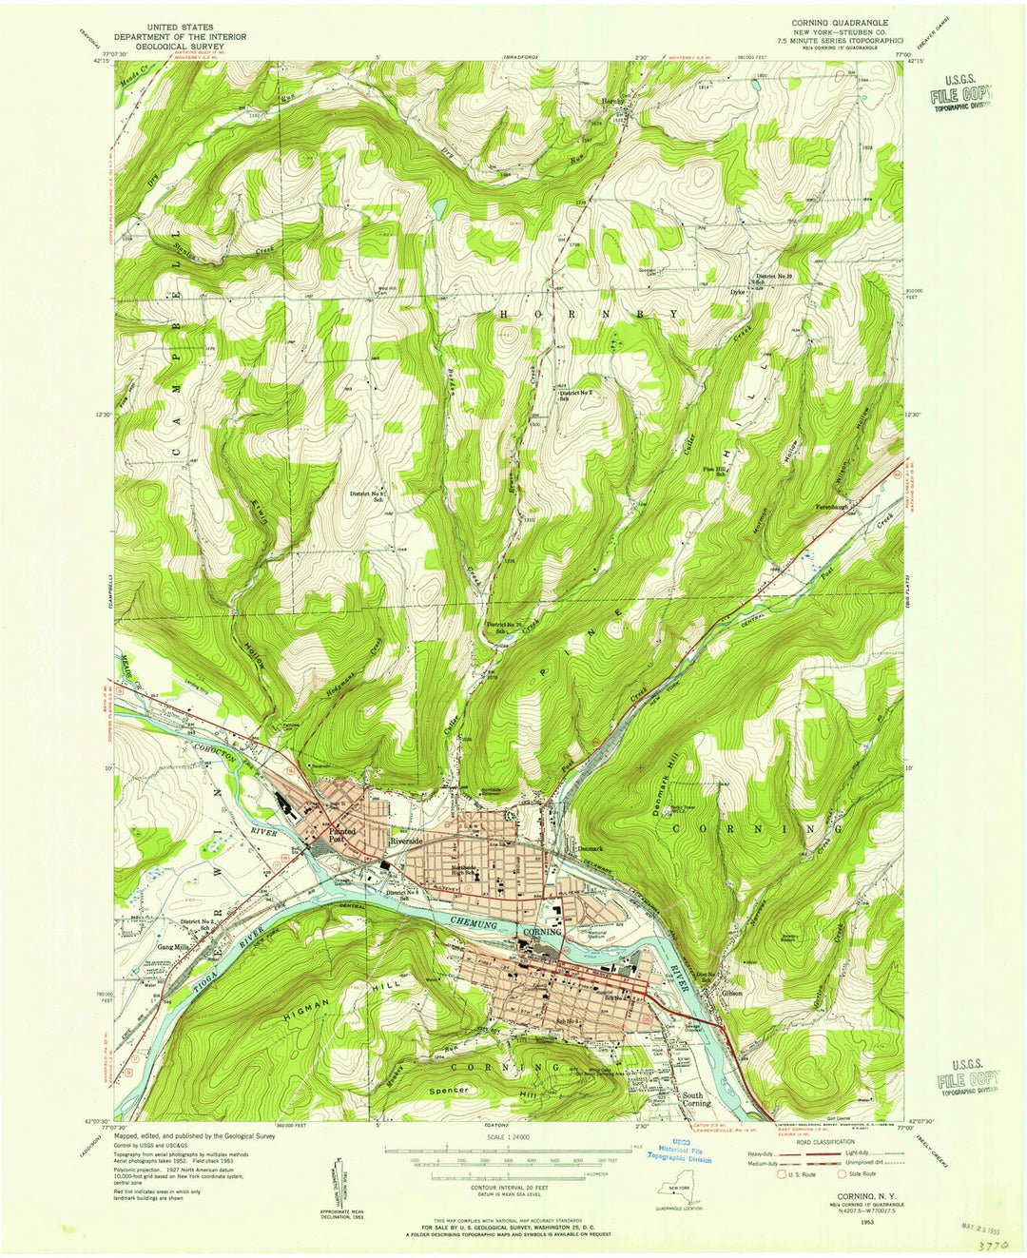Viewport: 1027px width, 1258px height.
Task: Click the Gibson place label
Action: click(x=731, y=994)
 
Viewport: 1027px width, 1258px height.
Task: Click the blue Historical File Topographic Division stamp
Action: click(x=679, y=1152)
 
